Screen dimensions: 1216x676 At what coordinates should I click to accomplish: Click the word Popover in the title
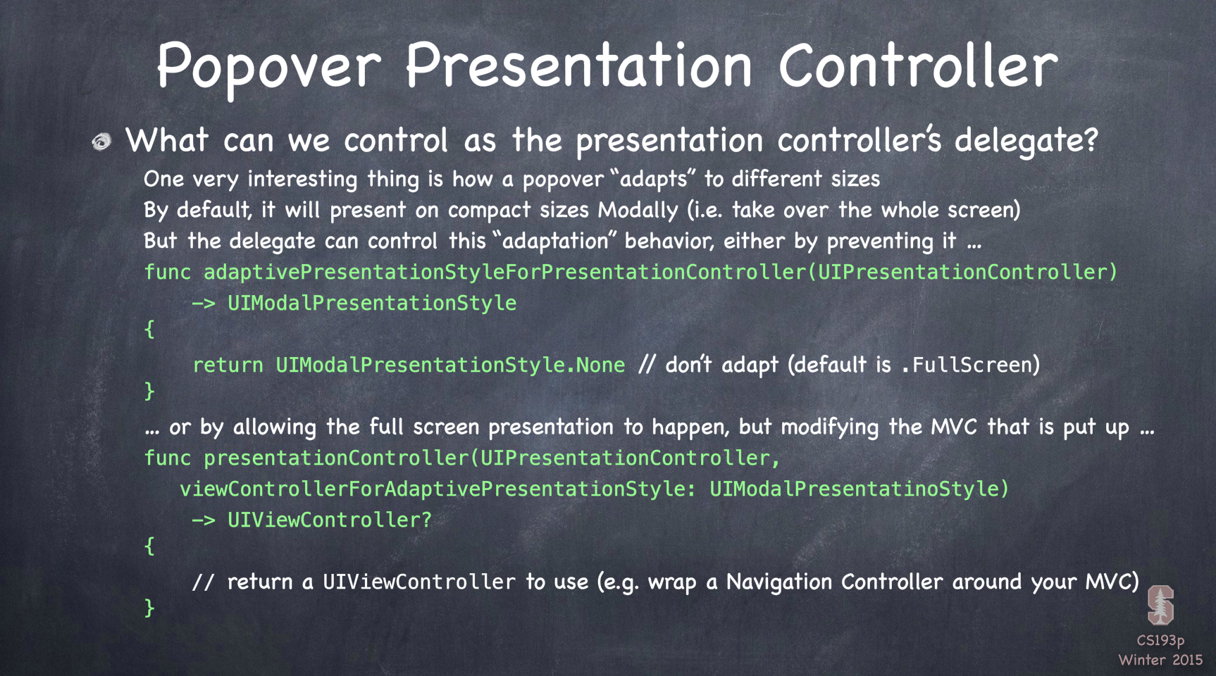pyautogui.click(x=268, y=65)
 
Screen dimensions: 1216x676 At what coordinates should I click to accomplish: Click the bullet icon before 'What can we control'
pyautogui.click(x=102, y=142)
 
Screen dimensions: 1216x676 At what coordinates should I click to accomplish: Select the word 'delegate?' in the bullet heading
pyautogui.click(x=1026, y=140)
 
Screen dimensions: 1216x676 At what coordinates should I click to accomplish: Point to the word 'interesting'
pyautogui.click(x=302, y=179)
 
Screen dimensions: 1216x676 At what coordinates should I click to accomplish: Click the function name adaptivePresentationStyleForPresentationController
pyautogui.click(x=504, y=272)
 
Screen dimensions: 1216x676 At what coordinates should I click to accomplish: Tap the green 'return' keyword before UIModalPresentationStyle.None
pyautogui.click(x=228, y=365)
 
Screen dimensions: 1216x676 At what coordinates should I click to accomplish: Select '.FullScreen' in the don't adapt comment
pyautogui.click(x=966, y=365)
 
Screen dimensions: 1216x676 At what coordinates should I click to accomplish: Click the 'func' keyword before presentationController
pyautogui.click(x=167, y=458)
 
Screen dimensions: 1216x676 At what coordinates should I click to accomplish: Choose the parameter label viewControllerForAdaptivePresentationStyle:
pyautogui.click(x=438, y=489)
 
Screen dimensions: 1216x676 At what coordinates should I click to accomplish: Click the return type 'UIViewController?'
pyautogui.click(x=329, y=520)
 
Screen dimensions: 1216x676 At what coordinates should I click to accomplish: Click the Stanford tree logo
pyautogui.click(x=1160, y=605)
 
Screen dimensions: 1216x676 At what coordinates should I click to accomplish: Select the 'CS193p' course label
pyautogui.click(x=1160, y=641)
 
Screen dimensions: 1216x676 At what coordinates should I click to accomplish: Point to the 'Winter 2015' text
pyautogui.click(x=1160, y=660)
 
